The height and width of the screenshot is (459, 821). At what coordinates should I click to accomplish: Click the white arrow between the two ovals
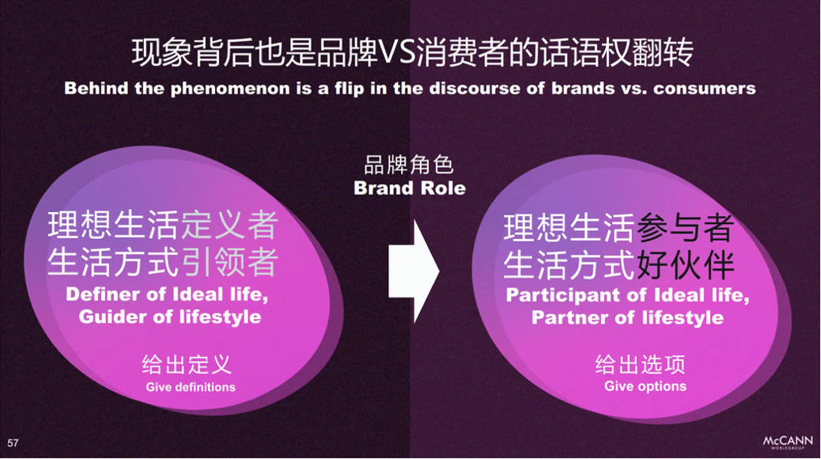pos(413,271)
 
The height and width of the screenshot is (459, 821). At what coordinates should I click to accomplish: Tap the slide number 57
pos(13,442)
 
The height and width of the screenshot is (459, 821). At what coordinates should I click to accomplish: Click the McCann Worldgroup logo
pos(788,442)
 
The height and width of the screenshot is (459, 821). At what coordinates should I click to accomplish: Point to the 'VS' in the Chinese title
pos(396,53)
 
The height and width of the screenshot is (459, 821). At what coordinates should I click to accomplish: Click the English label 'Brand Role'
pos(410,188)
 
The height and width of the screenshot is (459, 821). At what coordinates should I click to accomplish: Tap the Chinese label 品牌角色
pos(409,165)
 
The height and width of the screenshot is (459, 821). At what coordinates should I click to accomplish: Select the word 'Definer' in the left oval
pos(103,294)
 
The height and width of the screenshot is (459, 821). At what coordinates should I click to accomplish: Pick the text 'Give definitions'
pos(191,387)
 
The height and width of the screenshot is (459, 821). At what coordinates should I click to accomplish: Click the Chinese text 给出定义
pos(187,365)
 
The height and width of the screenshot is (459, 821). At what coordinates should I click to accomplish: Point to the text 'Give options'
pos(645,386)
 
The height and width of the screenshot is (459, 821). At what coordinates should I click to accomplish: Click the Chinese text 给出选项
pos(641,364)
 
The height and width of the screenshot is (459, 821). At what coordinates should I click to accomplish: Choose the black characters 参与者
pos(686,228)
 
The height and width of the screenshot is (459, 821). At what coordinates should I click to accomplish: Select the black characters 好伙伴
pos(686,264)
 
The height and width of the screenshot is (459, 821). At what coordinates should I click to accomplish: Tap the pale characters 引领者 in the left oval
pos(229,261)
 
